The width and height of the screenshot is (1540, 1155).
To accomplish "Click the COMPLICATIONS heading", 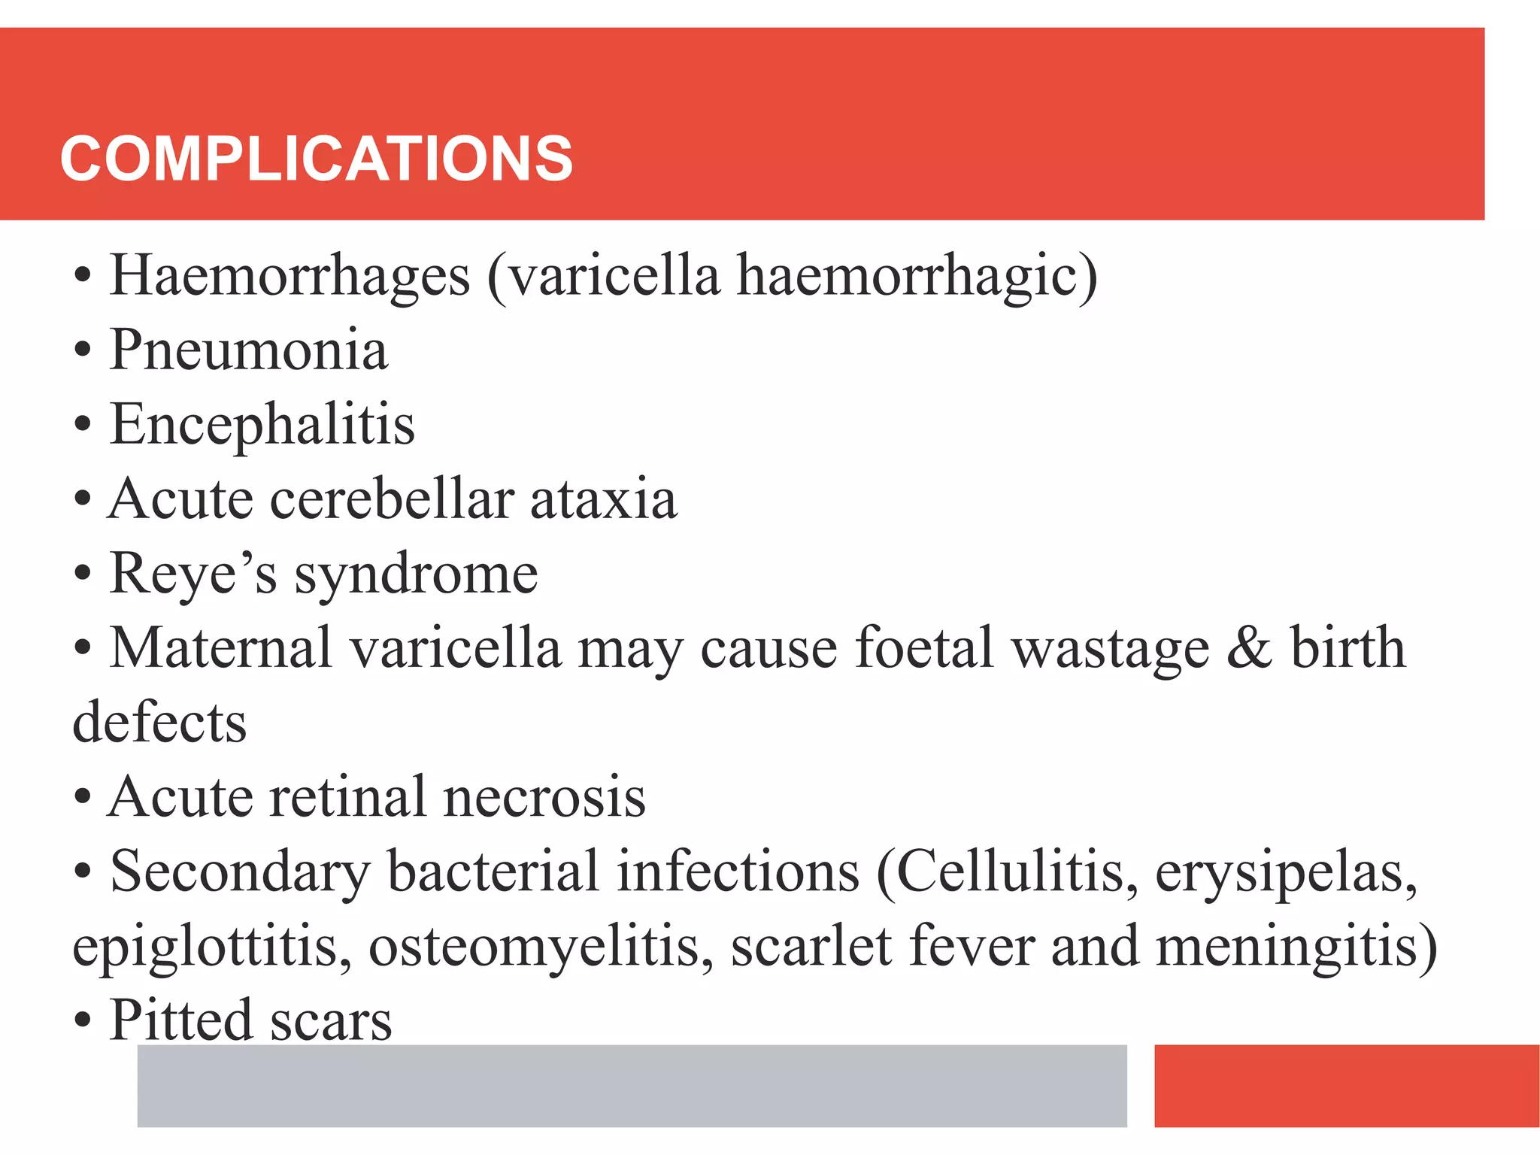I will point(317,159).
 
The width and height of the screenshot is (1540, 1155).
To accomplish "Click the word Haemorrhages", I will point(290,276).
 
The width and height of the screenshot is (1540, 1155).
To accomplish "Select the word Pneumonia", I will point(249,350).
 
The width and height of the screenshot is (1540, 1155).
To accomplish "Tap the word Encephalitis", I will point(262,424).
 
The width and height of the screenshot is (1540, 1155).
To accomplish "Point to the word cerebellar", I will point(392,499).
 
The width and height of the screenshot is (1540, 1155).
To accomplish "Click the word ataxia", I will point(604,499).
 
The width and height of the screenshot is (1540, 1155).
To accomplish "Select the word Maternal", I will point(221,647).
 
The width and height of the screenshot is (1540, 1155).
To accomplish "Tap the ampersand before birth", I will point(1249,648).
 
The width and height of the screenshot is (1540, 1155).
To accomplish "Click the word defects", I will point(159,723).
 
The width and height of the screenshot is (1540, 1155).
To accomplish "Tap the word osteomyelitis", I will point(541,947).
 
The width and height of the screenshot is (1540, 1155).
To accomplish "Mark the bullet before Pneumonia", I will point(83,351).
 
